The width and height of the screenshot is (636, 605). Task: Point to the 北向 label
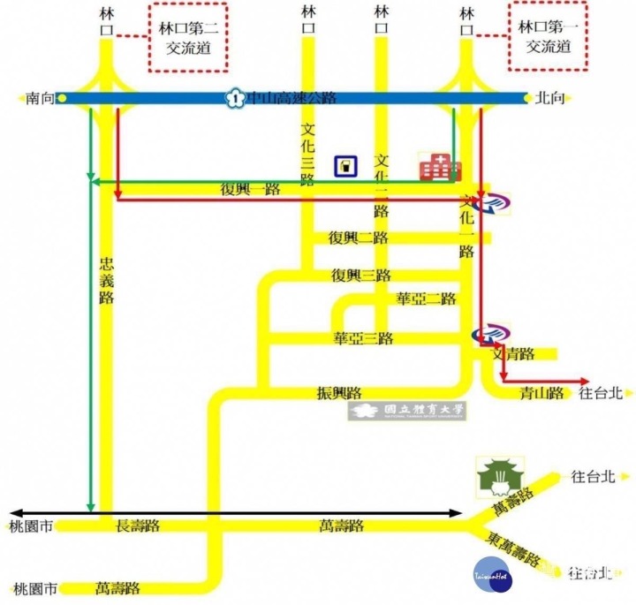pyautogui.click(x=548, y=99)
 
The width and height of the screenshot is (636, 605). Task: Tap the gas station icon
pyautogui.click(x=345, y=165)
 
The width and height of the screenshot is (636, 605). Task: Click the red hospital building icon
pyautogui.click(x=434, y=167)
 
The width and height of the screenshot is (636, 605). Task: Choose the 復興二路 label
pyautogui.click(x=359, y=238)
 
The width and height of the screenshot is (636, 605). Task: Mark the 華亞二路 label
pyautogui.click(x=427, y=299)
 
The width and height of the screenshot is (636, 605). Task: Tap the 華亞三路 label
pyautogui.click(x=363, y=338)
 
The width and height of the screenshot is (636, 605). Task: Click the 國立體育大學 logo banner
pyautogui.click(x=409, y=411)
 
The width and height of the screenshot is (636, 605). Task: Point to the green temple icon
pyautogui.click(x=500, y=476)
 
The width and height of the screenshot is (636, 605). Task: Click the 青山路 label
pyautogui.click(x=541, y=393)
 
